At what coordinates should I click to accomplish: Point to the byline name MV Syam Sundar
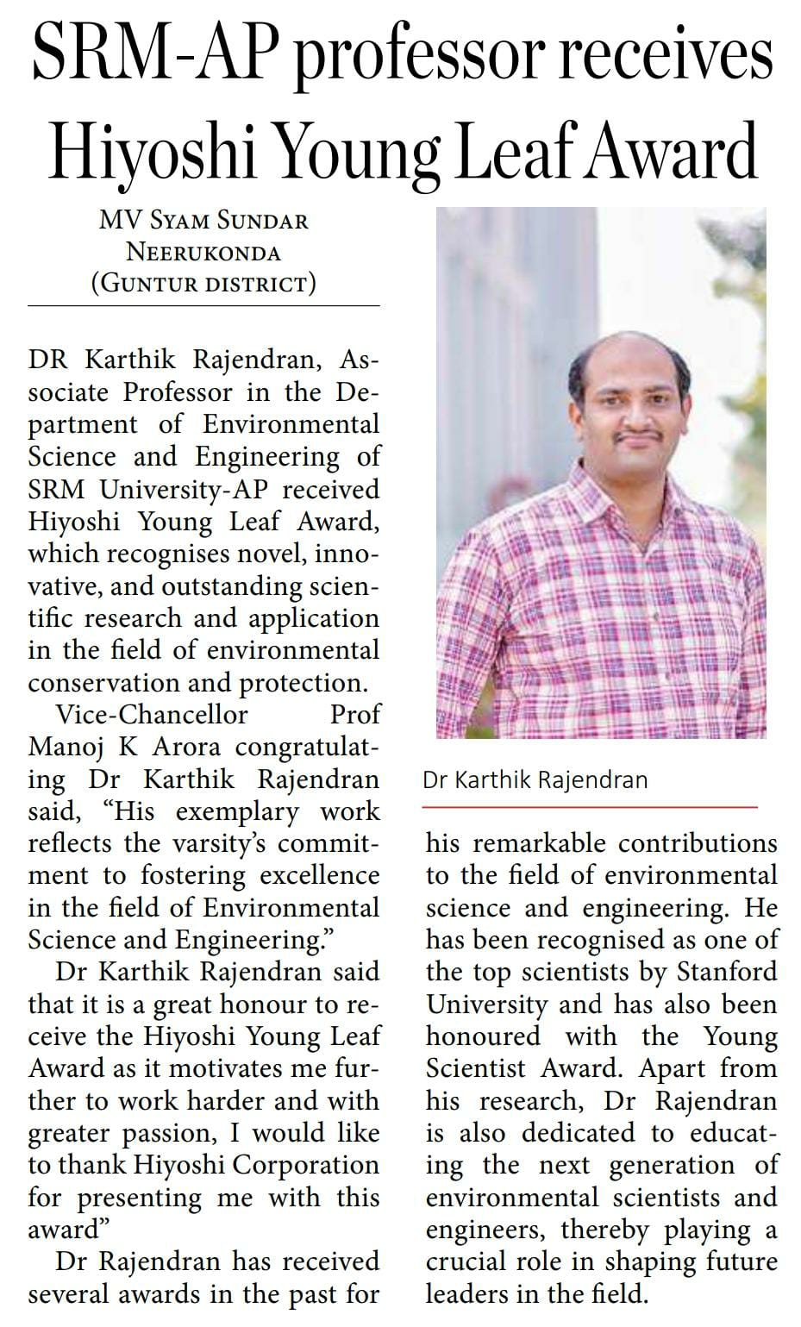[x=203, y=221]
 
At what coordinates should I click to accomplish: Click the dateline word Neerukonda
[x=203, y=252]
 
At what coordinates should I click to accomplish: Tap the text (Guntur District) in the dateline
[x=203, y=283]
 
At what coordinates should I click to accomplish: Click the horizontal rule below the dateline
[x=203, y=305]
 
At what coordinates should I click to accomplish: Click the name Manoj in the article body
[x=66, y=747]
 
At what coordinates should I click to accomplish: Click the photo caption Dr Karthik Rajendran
[x=535, y=780]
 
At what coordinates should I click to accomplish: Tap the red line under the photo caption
[x=590, y=807]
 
